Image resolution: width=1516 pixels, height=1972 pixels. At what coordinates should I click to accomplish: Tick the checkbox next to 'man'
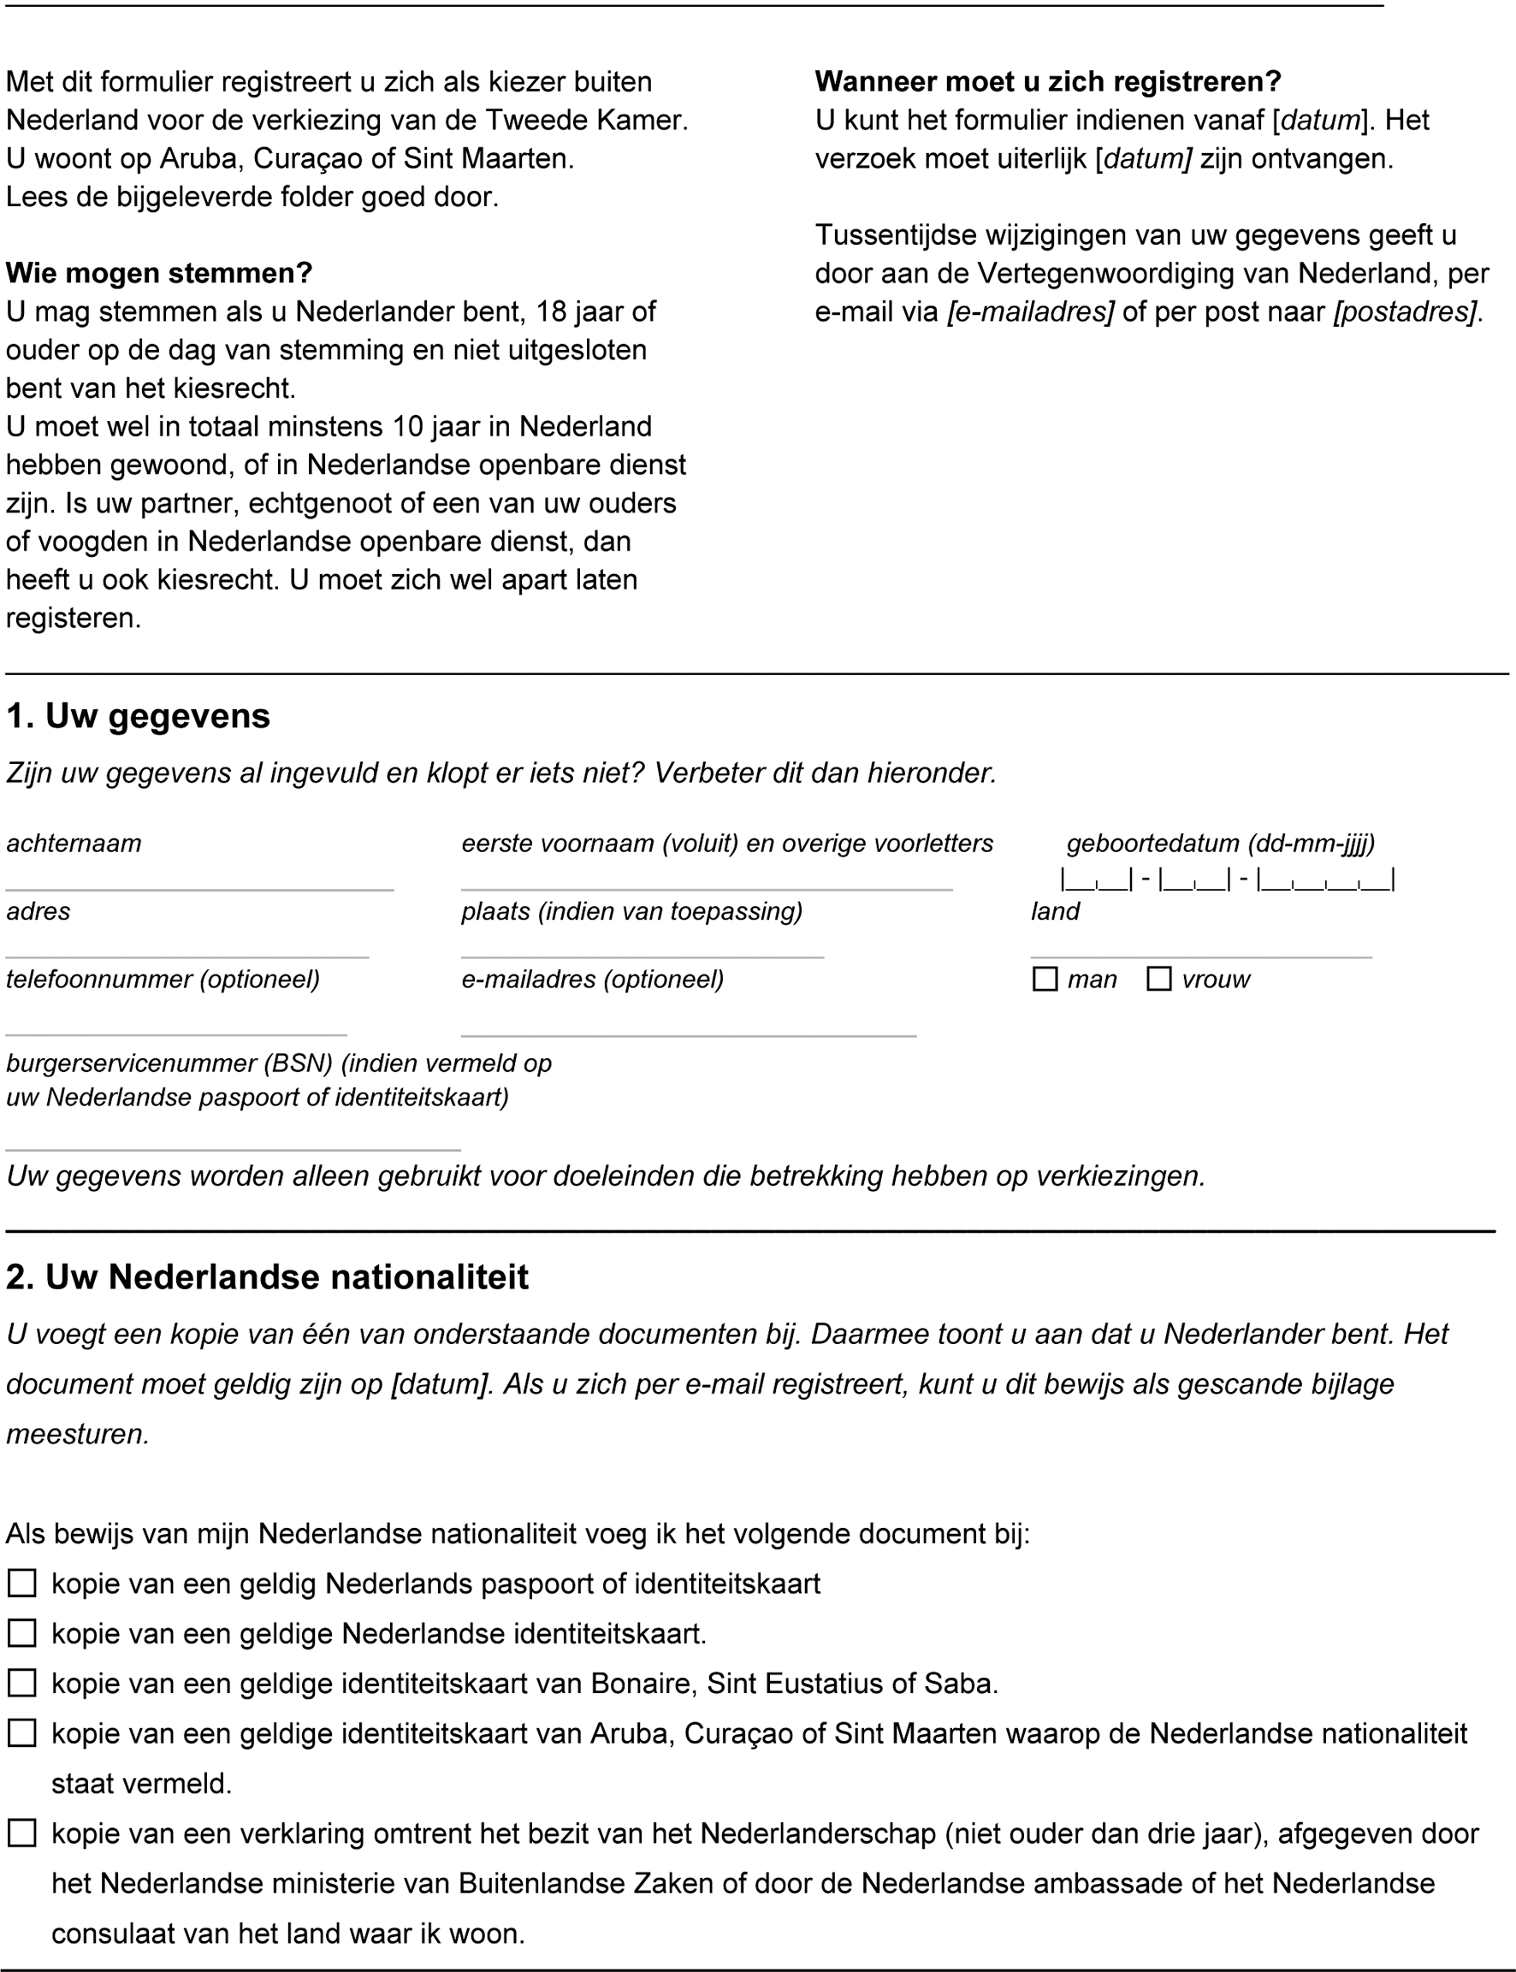[x=1044, y=980]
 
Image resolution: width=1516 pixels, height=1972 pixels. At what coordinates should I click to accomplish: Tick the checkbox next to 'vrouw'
[x=1158, y=980]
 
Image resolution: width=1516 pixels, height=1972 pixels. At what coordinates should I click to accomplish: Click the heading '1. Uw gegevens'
[x=138, y=717]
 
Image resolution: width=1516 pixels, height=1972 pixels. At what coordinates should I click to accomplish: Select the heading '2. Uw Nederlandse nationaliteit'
[x=267, y=1277]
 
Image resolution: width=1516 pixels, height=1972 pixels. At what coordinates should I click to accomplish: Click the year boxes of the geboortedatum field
[x=1325, y=880]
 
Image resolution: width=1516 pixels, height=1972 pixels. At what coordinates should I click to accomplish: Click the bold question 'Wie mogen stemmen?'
[x=159, y=273]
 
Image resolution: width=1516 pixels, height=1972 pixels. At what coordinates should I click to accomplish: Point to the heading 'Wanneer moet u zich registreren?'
[x=1048, y=81]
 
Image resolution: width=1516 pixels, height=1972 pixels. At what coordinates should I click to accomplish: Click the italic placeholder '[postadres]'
[x=1406, y=312]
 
